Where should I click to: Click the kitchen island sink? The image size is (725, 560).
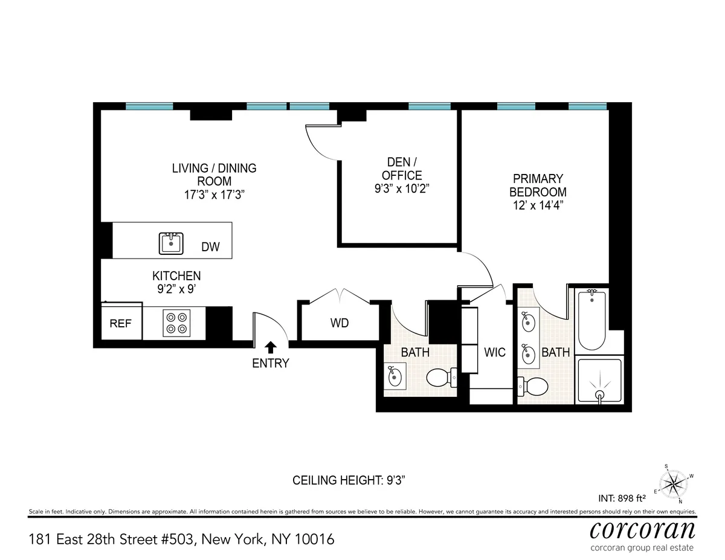[x=172, y=243]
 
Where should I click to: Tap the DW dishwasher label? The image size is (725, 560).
[x=210, y=247]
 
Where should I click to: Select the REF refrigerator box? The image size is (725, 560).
[x=120, y=323]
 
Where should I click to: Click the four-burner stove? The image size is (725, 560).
[x=176, y=323]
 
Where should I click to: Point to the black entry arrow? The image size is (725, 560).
[x=271, y=347]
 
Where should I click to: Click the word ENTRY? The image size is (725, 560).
[x=271, y=363]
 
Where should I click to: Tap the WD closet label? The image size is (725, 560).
[x=340, y=323]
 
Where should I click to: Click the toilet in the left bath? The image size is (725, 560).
[x=440, y=378]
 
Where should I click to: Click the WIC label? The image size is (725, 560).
[x=495, y=352]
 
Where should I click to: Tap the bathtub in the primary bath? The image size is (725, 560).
[x=591, y=320]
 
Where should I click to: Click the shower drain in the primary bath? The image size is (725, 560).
[x=599, y=395]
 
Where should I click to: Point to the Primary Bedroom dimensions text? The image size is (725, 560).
[x=538, y=205]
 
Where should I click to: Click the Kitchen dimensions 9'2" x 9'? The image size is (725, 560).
[x=176, y=289]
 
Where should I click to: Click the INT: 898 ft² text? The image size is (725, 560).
[x=621, y=498]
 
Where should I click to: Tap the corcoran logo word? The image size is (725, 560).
[x=642, y=530]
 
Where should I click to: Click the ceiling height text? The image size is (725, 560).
[x=348, y=481]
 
